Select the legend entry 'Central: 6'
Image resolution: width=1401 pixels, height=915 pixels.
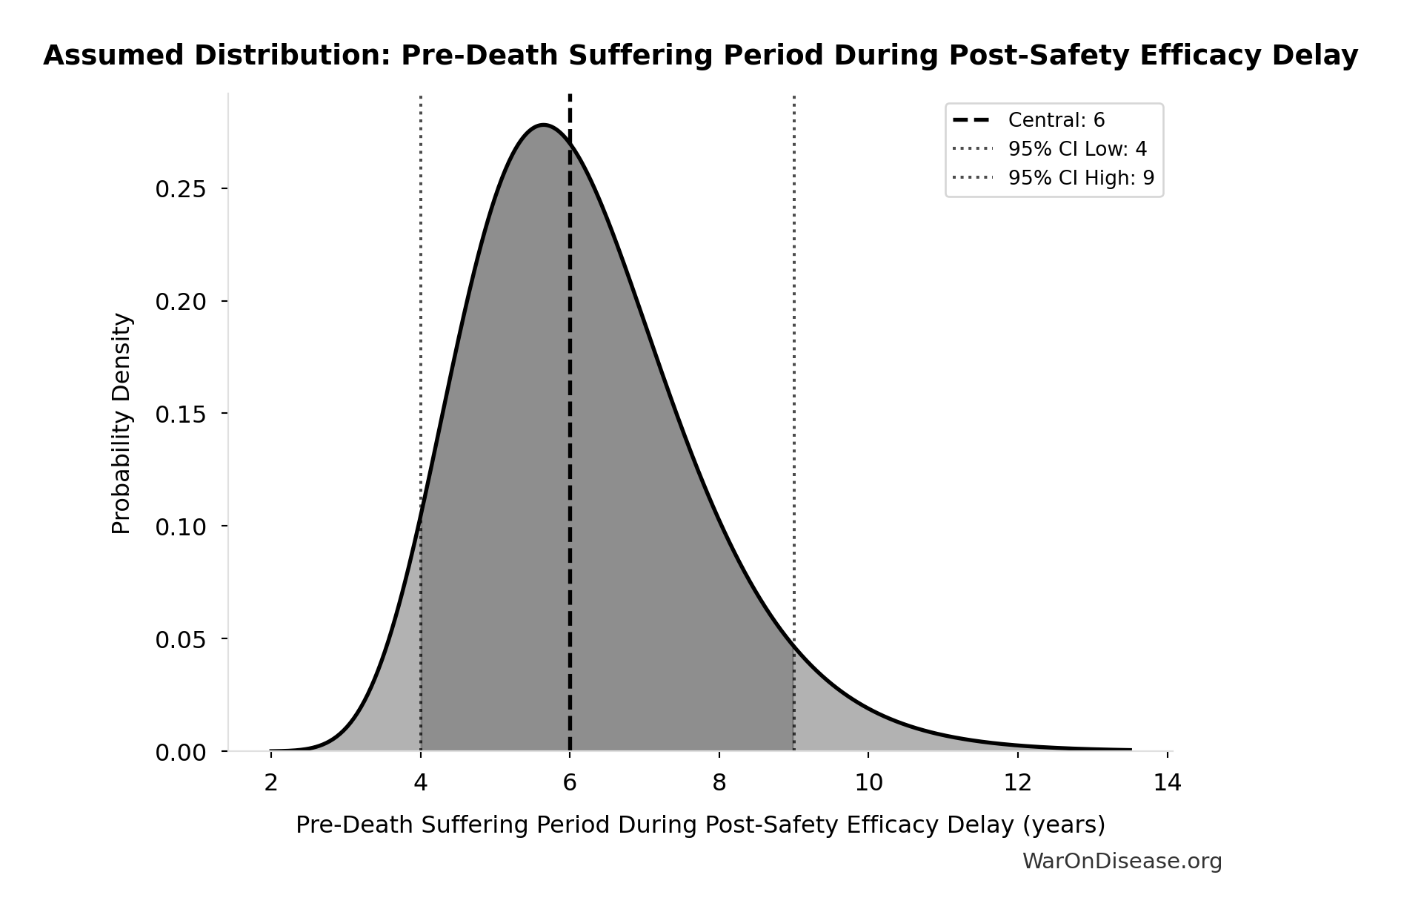tap(1056, 120)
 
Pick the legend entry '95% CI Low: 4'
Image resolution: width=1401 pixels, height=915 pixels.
tap(1076, 149)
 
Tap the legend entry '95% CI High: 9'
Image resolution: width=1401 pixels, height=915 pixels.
tap(1080, 178)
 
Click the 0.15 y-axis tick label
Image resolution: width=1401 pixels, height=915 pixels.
tap(180, 414)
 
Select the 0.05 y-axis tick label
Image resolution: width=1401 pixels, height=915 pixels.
tap(180, 640)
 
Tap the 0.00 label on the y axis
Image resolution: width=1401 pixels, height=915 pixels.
tap(180, 753)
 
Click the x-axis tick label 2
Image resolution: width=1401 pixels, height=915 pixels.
tap(271, 783)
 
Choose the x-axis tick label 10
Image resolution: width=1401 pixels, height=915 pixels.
tap(868, 783)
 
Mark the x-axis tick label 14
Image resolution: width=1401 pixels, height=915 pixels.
tap(1167, 783)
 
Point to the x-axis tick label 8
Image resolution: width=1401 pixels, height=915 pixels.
tap(719, 783)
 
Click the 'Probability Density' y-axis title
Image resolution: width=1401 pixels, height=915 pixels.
tap(122, 423)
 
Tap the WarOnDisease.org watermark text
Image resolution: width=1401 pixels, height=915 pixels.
tap(1122, 862)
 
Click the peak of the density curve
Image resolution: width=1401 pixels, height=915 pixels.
tap(544, 125)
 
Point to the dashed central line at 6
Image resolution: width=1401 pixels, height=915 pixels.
tap(570, 445)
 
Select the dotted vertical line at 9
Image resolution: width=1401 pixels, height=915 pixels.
tap(794, 371)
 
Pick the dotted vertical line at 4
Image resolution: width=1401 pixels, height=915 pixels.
tap(421, 297)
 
